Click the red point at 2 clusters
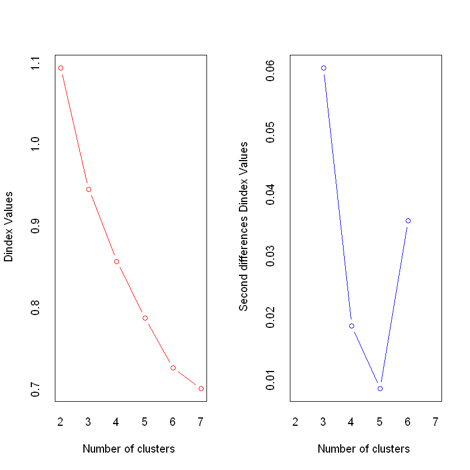point(60,68)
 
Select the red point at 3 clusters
point(88,189)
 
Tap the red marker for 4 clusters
point(116,261)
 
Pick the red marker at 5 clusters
point(145,318)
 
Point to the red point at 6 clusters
point(173,368)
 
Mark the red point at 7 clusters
point(201,388)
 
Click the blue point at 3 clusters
point(323,68)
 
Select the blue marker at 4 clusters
point(351,326)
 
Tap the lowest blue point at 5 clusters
point(380,388)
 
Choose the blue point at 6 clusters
point(408,220)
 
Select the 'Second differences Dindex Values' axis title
point(243,227)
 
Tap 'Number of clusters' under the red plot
point(129,449)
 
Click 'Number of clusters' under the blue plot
point(364,449)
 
